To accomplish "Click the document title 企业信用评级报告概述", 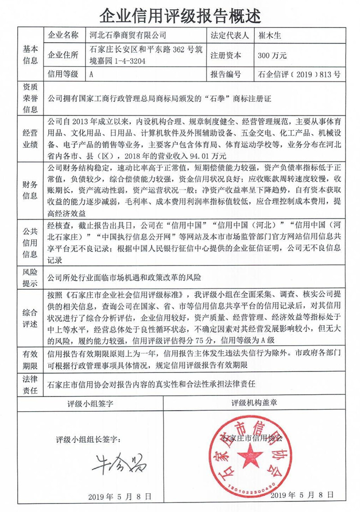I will coord(180,14).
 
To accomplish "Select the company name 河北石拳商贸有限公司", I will coord(128,35).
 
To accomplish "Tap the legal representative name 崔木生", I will coord(270,35).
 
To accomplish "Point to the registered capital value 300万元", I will coord(272,56).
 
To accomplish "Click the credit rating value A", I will coord(92,75).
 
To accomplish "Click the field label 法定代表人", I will coord(229,35).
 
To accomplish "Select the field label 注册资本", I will coord(225,56).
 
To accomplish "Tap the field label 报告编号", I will coord(225,75).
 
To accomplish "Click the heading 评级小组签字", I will coord(90,403).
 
